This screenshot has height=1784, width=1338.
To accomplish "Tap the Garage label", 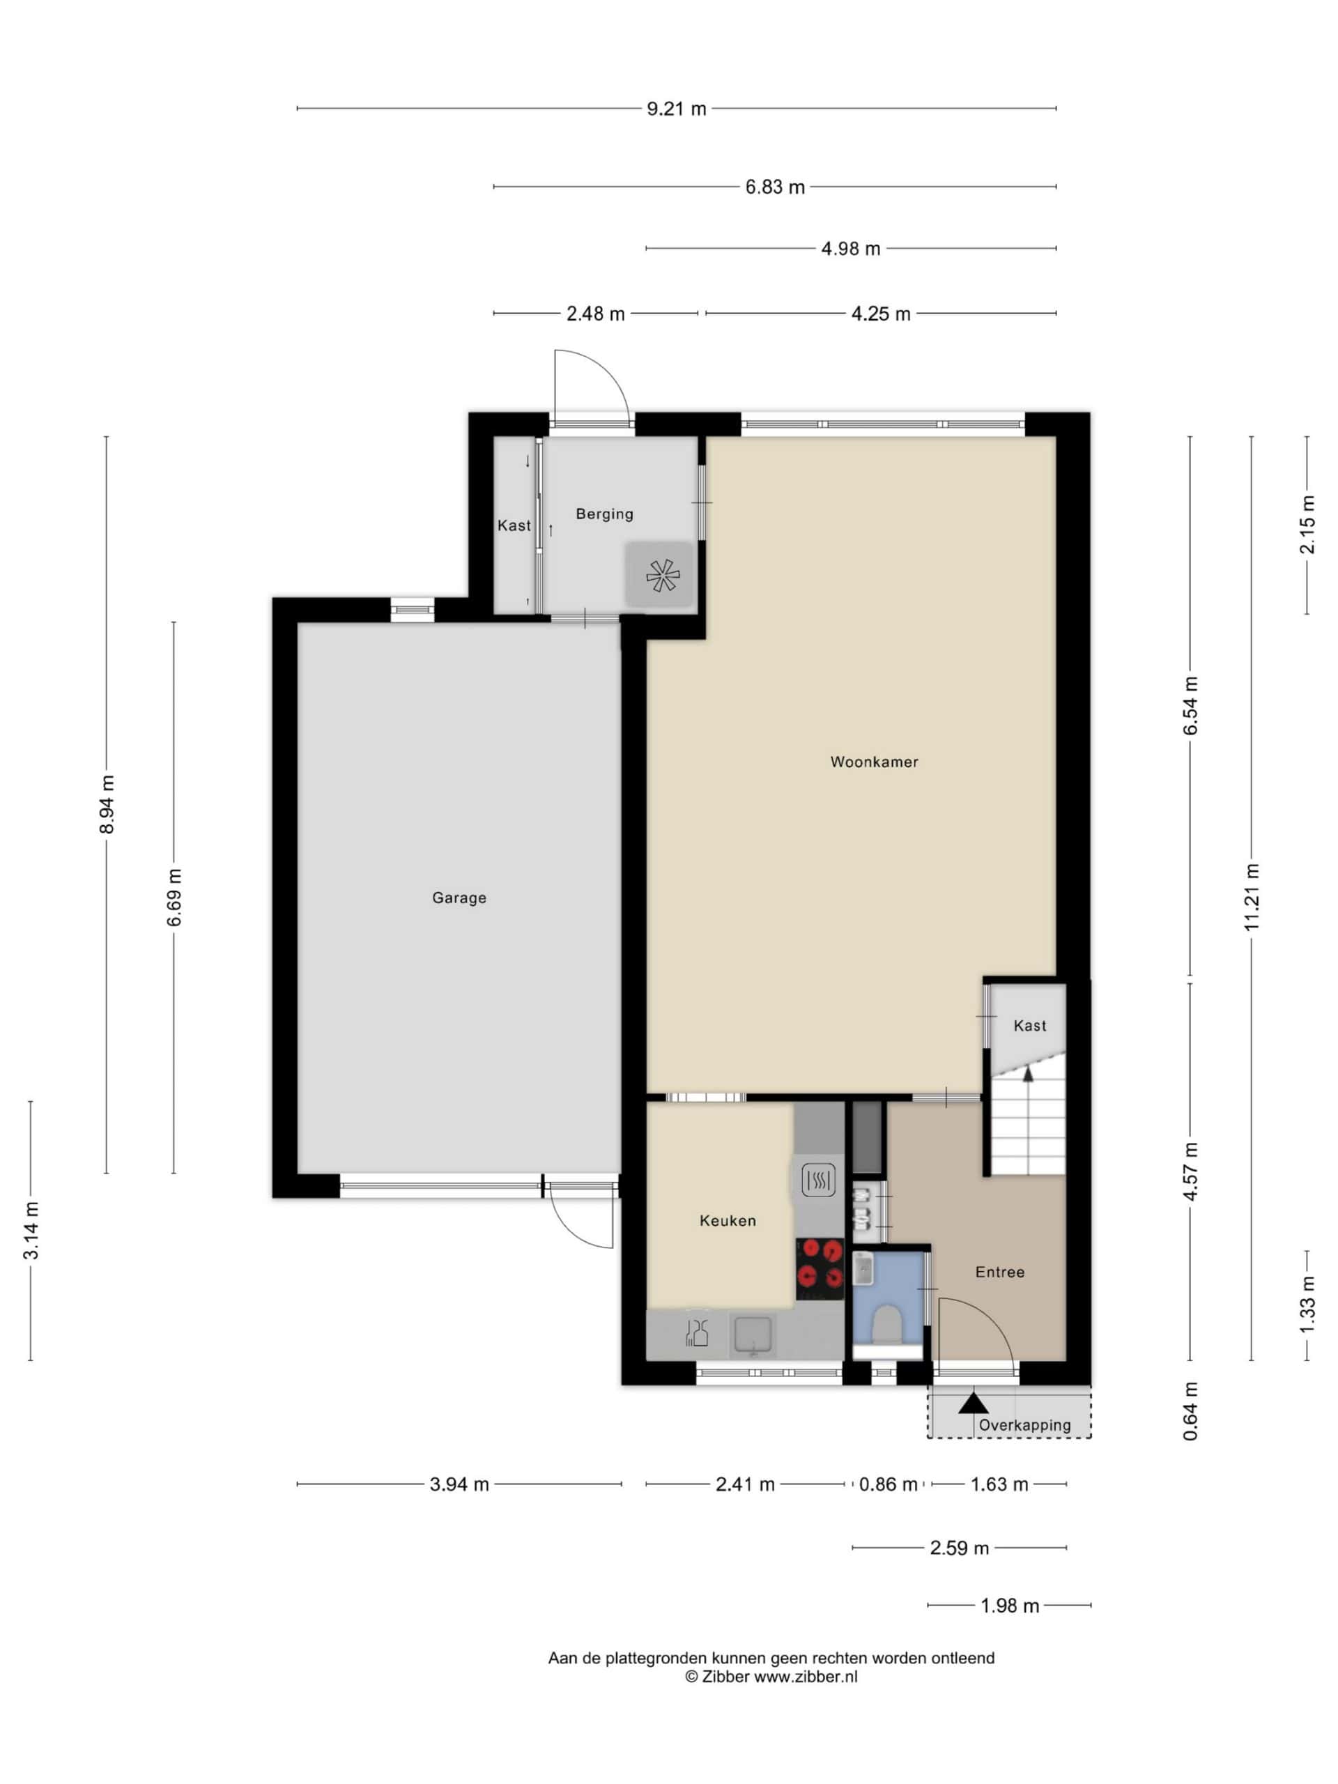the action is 459,898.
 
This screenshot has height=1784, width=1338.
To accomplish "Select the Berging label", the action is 604,514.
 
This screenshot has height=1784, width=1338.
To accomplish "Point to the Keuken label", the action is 728,1220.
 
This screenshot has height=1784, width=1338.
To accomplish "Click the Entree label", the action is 999,1272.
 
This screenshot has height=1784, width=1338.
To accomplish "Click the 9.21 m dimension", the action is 676,109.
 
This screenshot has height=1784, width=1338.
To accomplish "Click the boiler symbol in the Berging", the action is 662,575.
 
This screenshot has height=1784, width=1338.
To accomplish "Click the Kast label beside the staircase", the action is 1029,1026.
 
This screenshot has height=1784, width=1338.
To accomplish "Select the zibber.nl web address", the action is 805,1677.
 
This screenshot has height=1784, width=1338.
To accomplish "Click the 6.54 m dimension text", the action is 1190,706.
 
